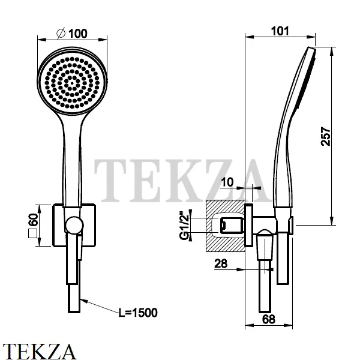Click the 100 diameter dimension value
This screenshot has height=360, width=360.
tap(78, 34)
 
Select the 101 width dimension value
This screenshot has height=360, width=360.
tap(280, 31)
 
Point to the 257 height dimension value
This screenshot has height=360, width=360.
tap(326, 136)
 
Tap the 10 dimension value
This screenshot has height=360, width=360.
tap(227, 182)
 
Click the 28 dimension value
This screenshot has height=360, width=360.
tap(221, 263)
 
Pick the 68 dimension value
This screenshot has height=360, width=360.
tap(268, 319)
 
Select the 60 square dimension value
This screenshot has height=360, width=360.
tap(33, 220)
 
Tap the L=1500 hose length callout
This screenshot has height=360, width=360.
tap(138, 313)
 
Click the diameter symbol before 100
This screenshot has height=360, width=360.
tap(61, 34)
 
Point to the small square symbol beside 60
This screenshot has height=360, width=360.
tap(32, 233)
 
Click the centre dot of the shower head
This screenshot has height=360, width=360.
tap(72, 83)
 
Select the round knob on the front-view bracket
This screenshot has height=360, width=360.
tap(74, 225)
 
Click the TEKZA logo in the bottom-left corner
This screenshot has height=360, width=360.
tap(39, 351)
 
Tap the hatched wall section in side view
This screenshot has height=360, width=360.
tap(225, 226)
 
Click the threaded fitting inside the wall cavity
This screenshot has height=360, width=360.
tap(232, 226)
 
